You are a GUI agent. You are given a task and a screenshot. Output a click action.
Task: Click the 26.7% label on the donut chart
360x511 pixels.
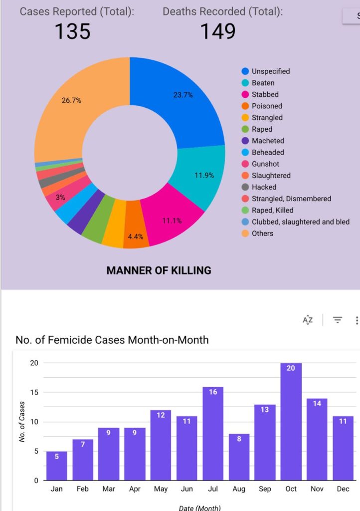(71, 100)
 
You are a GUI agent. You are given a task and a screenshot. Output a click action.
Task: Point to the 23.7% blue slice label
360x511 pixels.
(183, 95)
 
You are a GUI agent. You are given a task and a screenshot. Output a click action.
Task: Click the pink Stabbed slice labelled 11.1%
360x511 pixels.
(172, 221)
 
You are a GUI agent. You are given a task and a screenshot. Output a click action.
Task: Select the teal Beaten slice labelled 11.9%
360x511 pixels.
(204, 175)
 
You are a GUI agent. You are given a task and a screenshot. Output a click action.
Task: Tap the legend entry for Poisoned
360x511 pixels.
(266, 106)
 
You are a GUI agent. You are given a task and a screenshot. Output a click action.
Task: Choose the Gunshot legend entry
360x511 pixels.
(265, 164)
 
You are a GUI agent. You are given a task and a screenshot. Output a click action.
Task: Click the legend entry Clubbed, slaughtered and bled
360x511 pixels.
(300, 222)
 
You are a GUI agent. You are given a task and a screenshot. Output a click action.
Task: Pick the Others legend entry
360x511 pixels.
(262, 233)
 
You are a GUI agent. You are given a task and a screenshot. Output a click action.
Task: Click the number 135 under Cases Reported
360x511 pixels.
(72, 31)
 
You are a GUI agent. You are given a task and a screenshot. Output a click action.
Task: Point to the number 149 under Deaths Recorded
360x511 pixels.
(218, 31)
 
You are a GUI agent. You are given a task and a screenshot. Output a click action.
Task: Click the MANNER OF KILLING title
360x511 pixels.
(159, 270)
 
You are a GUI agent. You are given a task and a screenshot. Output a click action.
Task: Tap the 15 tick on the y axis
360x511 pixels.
(34, 392)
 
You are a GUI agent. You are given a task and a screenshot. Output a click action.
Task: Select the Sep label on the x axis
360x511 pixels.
(265, 489)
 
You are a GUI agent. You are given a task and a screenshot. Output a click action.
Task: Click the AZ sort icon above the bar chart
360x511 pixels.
(308, 320)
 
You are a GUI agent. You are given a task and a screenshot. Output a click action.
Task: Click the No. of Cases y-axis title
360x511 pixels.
(22, 422)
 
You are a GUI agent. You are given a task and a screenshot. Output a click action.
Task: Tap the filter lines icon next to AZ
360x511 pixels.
(338, 320)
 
